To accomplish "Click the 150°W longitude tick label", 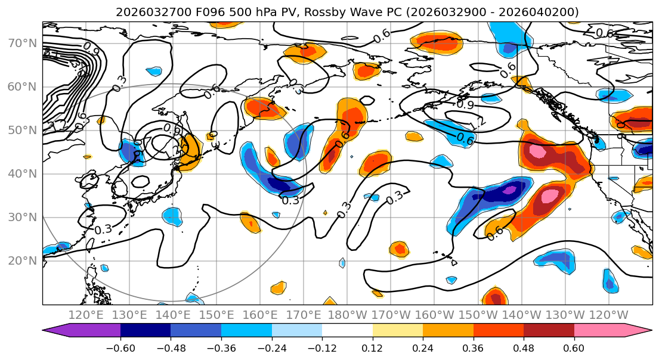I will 478,315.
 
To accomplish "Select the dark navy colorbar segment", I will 146,331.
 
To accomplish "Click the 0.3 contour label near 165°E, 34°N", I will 290,200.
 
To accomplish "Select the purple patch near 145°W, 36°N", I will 509,191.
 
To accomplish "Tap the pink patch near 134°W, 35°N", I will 550,195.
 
